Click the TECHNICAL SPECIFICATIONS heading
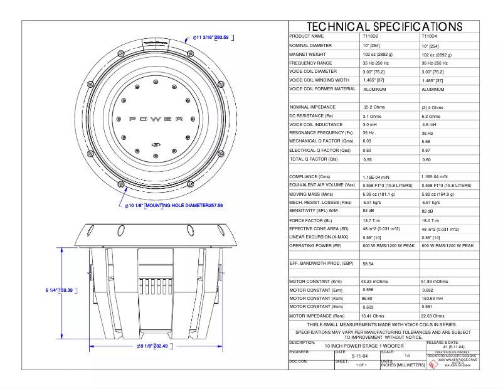click(x=384, y=26)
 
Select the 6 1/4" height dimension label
click(x=51, y=290)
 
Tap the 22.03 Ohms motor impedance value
click(x=434, y=316)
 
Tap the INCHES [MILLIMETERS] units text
click(x=402, y=365)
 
